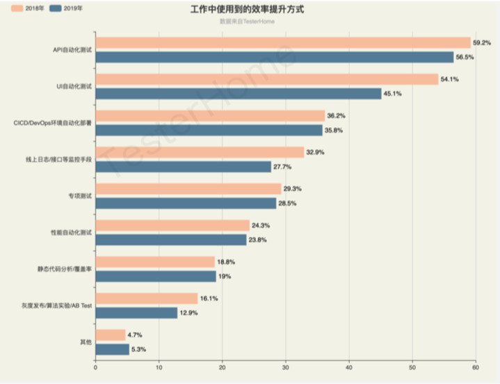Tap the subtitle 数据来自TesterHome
click(246, 22)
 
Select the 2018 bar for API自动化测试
click(282, 42)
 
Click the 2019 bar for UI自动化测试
click(238, 94)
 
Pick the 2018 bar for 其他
click(110, 335)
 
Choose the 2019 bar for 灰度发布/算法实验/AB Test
click(136, 313)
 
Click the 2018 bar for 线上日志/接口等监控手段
click(200, 152)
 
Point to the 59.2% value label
click(482, 42)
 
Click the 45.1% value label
click(393, 94)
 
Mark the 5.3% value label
click(140, 349)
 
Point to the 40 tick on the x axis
click(348, 367)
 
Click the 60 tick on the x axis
click(476, 367)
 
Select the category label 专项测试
click(80, 196)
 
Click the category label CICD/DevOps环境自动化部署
click(52, 123)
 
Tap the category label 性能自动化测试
click(72, 233)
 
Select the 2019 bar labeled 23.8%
click(170, 240)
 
